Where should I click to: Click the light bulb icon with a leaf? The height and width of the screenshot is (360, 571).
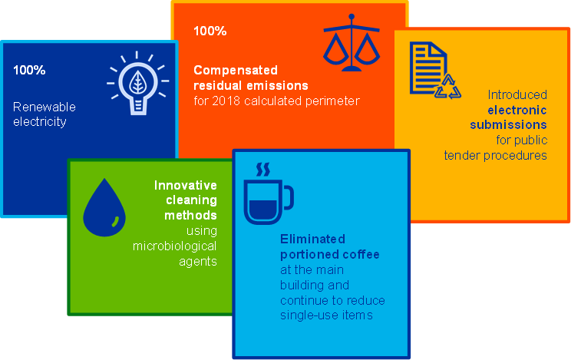[137, 83]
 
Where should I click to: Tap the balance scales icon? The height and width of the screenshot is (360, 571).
[352, 43]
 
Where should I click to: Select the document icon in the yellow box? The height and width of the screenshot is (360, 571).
[428, 68]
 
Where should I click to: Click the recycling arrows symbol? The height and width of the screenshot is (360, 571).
[448, 87]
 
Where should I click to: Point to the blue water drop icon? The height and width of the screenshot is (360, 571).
[104, 207]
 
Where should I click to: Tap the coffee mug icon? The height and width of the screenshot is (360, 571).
[269, 202]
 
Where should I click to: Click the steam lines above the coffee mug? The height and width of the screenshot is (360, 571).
[263, 170]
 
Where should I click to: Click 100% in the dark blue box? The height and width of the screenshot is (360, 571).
[29, 70]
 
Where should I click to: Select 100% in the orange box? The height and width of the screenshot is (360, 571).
[210, 31]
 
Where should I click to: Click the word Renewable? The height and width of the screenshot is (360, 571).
[45, 107]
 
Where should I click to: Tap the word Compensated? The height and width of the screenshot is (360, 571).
[236, 70]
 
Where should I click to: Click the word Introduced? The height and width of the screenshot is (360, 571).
[517, 94]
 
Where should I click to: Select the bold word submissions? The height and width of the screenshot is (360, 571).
[508, 124]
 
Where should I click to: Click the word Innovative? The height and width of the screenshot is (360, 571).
[186, 185]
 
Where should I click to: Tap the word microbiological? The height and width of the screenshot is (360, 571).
[174, 246]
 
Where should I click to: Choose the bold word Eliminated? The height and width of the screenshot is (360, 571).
[312, 239]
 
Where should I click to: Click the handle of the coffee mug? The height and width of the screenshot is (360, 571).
[289, 197]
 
